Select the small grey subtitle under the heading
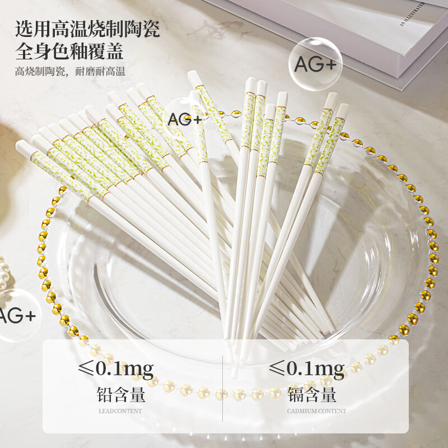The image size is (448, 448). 71,72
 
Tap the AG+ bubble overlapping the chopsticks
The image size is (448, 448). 184,119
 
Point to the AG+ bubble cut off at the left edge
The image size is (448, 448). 14,315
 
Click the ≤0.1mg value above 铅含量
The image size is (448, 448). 116,368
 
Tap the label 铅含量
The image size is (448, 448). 121,394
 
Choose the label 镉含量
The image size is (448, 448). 312,394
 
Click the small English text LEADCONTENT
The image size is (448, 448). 120,411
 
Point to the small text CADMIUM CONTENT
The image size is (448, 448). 316,411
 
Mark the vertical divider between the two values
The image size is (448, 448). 224,386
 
